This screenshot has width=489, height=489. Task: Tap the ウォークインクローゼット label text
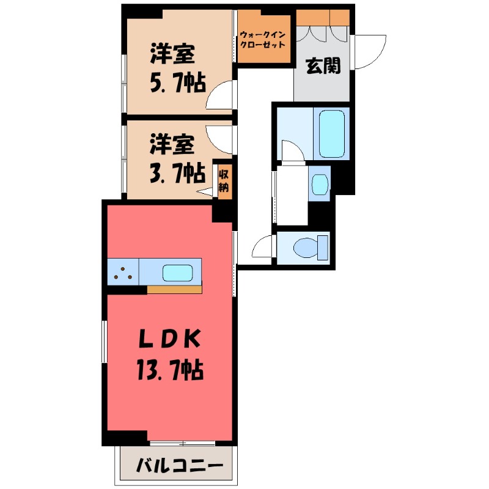point(263,40)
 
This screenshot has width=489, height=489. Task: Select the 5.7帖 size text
point(177,81)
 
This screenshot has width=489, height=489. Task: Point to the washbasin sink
point(319,183)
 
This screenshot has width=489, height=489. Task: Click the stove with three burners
point(123,271)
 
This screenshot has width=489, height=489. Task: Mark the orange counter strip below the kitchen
point(174,289)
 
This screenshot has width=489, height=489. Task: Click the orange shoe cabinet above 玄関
point(322,18)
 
